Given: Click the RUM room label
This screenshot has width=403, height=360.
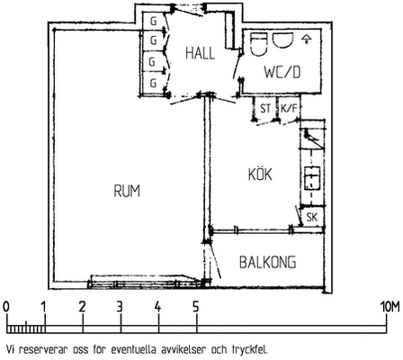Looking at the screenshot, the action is pos(127,191).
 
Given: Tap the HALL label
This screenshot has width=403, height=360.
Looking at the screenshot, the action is pos(200,53).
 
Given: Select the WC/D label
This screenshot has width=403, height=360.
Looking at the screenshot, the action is pos(282,72).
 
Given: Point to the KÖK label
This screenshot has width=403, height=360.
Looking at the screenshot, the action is pos(260,174).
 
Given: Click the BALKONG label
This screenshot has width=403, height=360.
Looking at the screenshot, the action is pos(268,262).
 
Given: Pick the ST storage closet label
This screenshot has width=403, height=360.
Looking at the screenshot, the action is pos(265,108).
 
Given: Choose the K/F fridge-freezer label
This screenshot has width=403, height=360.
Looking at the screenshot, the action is pos(289,108).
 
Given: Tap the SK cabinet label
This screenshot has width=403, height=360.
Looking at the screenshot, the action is pos(312,217).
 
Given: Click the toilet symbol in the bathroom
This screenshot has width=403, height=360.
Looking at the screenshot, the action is pos(258,44).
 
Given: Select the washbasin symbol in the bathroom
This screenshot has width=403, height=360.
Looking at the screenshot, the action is pos(282,40).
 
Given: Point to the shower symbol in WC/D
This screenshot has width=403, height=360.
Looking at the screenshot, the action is pos(306,39).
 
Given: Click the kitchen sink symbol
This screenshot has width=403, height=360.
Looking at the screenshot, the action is pos(312,177).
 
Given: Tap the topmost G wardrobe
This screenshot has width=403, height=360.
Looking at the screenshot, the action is pos(153,22).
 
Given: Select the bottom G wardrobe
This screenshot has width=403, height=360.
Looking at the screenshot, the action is pos(153,83).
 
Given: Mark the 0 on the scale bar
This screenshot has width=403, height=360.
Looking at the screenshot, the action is pos(5,307).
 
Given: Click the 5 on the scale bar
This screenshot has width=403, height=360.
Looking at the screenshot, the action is pos(196,307).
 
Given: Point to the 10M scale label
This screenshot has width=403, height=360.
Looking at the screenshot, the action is pos(390,307).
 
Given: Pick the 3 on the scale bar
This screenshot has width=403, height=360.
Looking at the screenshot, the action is pos(120,307).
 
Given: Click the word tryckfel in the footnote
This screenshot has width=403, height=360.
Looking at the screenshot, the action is pos(249,350).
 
